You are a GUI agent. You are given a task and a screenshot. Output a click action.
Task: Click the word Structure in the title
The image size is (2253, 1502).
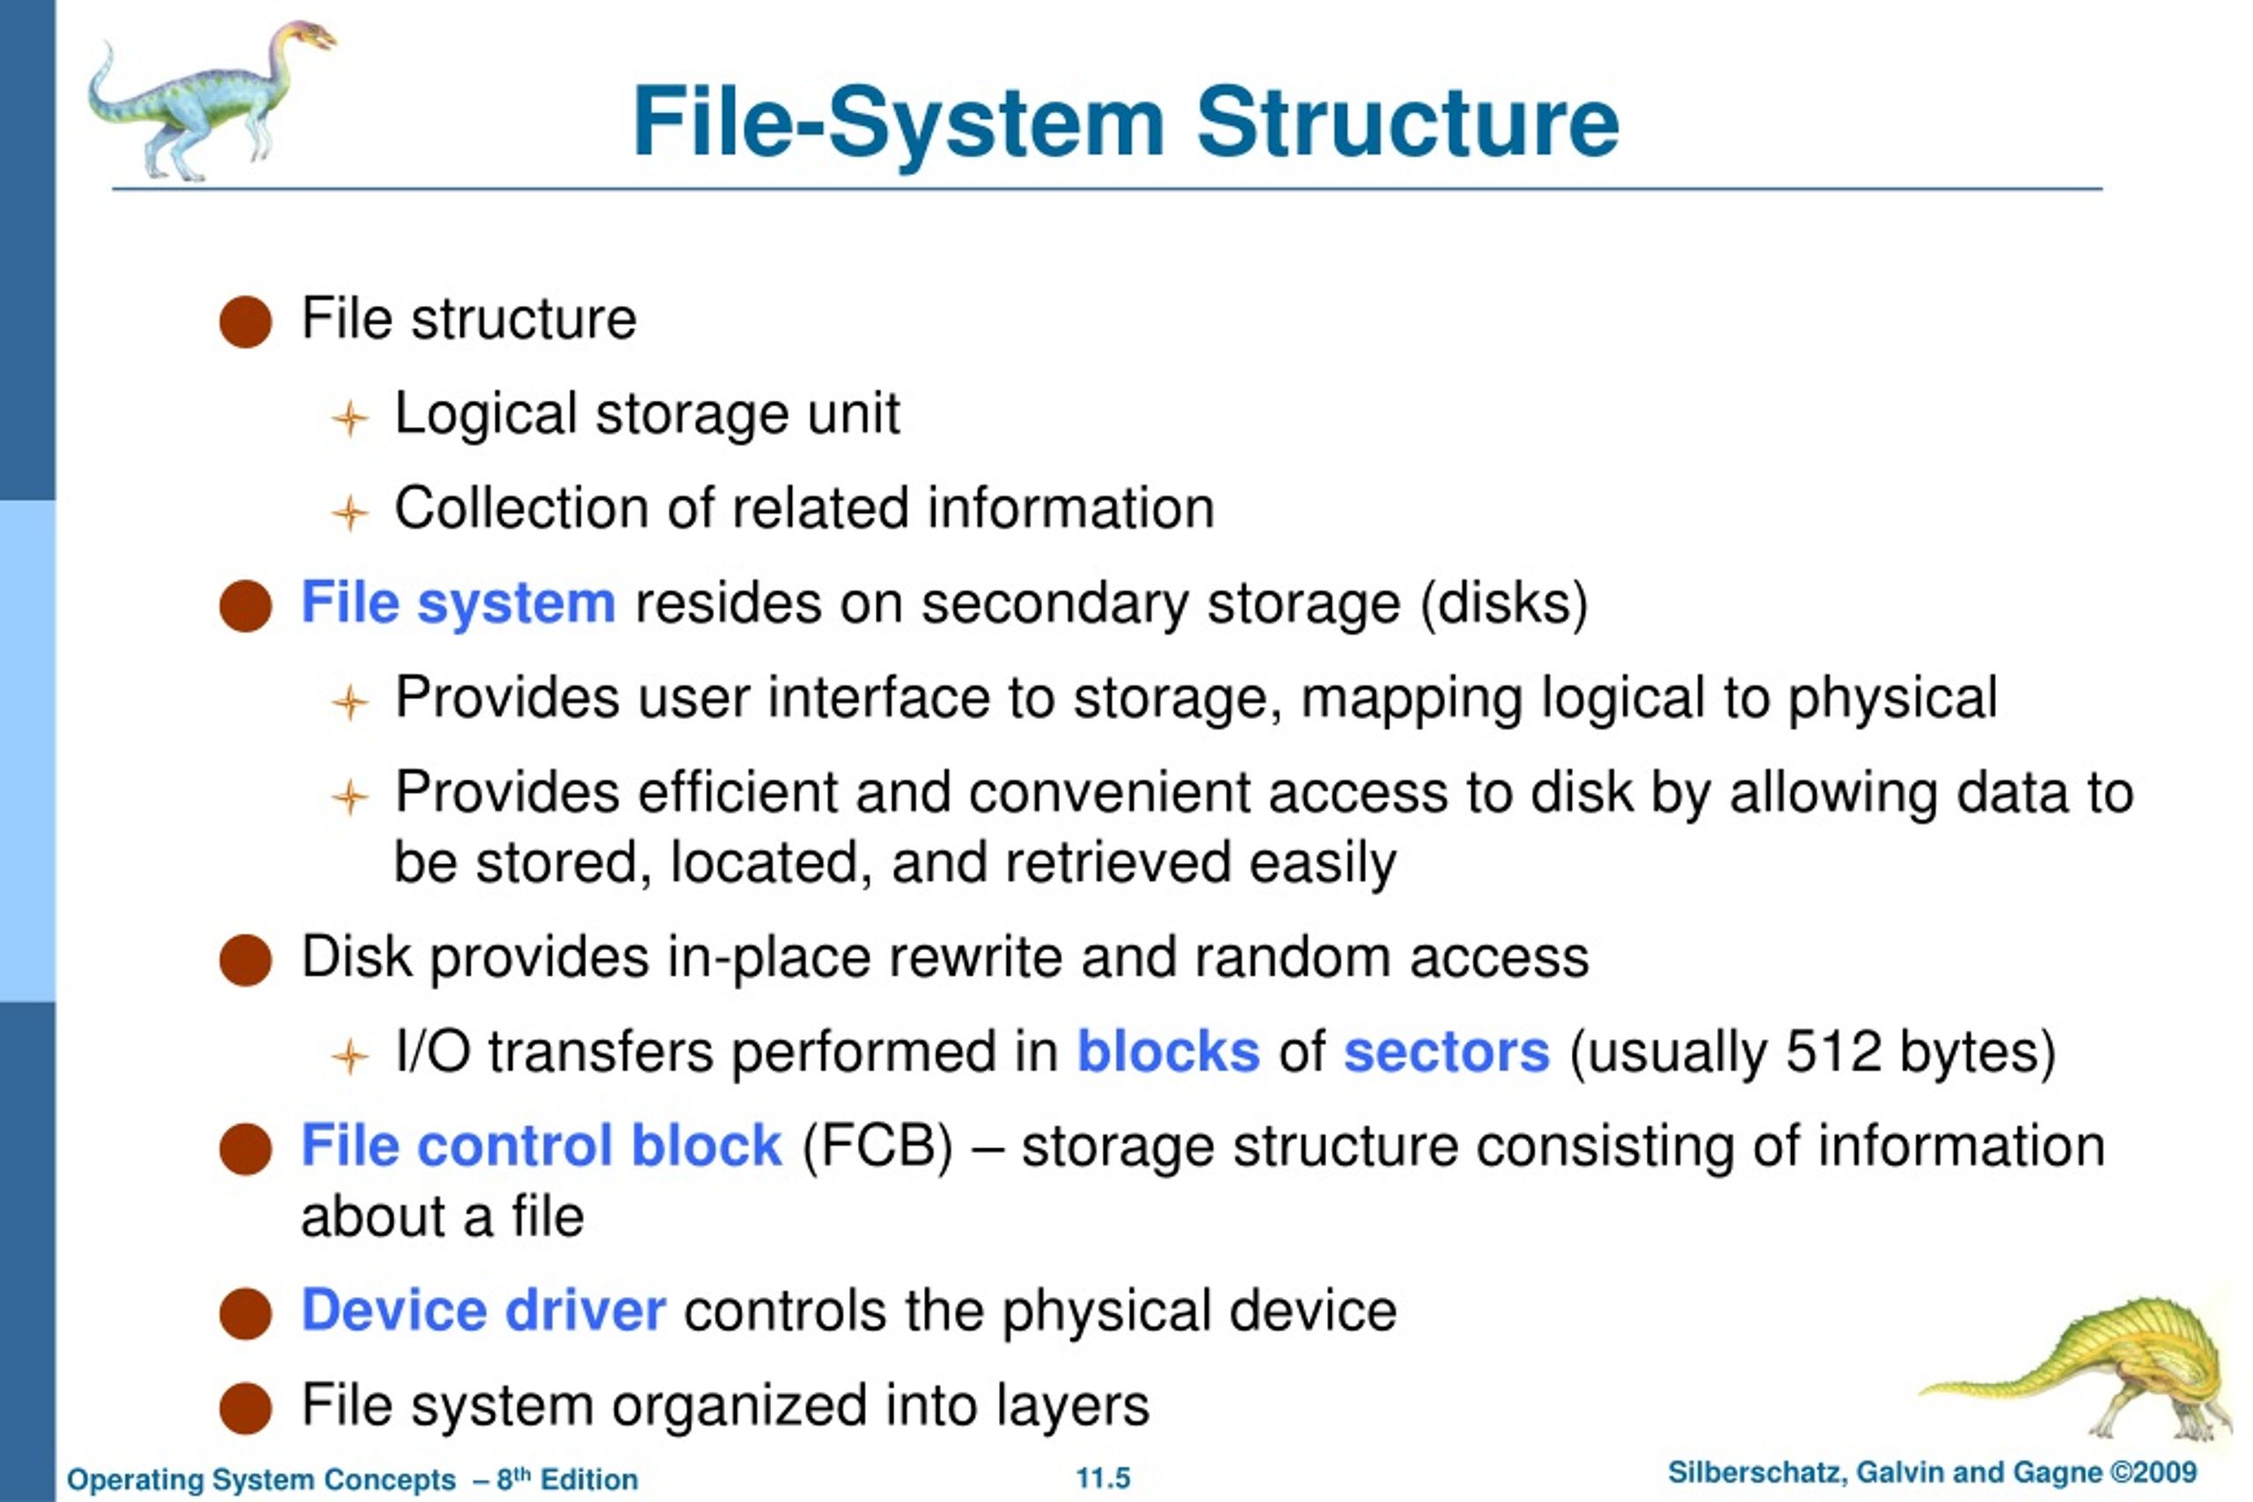point(1407,122)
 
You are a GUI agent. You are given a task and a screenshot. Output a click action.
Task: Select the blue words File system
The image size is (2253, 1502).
point(458,604)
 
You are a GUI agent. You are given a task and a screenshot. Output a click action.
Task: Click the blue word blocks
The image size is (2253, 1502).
point(1168,1051)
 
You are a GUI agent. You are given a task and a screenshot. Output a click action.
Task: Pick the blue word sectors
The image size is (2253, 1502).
point(1447,1052)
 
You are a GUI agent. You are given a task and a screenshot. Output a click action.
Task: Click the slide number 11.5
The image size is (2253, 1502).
point(1103,1478)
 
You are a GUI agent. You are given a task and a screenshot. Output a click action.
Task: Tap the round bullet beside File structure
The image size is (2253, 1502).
point(246,321)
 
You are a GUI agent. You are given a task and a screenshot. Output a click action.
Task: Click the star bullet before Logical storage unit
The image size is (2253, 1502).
point(349,419)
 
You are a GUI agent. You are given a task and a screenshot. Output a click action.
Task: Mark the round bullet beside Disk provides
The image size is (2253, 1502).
point(246,960)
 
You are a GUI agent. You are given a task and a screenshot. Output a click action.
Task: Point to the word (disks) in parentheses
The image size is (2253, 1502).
point(1504,604)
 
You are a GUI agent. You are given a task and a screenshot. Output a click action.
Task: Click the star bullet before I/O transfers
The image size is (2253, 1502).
point(349,1057)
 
